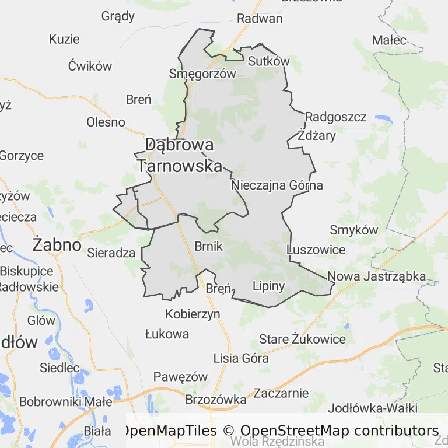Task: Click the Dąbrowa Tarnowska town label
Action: click(x=180, y=155)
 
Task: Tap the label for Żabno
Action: click(x=57, y=244)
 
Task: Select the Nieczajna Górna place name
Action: click(x=276, y=185)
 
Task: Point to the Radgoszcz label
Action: click(x=335, y=117)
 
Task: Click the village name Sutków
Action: click(x=268, y=61)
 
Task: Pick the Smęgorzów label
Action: click(x=202, y=73)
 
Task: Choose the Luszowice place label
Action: click(x=316, y=250)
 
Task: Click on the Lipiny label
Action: click(x=268, y=286)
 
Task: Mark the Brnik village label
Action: click(x=208, y=246)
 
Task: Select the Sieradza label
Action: click(x=111, y=253)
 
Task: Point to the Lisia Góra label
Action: click(x=241, y=358)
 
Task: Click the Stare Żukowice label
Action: click(x=302, y=339)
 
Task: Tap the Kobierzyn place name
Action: click(x=192, y=314)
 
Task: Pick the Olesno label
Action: click(x=106, y=122)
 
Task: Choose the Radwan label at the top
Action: click(x=260, y=18)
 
